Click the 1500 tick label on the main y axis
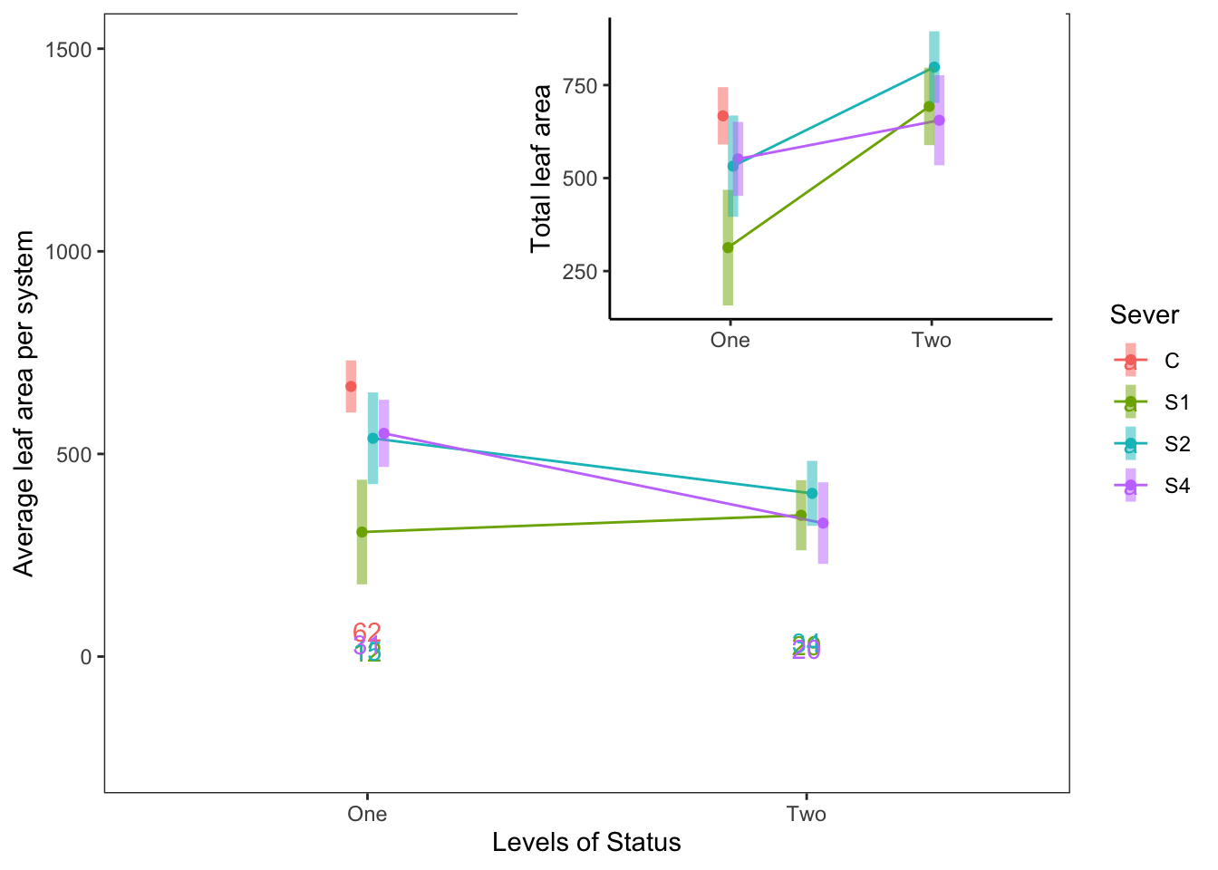(x=69, y=50)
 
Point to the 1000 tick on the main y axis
(x=69, y=252)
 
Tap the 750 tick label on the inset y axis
(x=580, y=86)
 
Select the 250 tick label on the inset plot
(x=580, y=272)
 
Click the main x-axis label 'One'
(x=367, y=814)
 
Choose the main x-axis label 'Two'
(x=807, y=814)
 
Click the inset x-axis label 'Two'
(x=932, y=340)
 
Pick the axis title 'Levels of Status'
(x=586, y=843)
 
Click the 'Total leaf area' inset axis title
(x=542, y=169)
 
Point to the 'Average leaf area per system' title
(x=24, y=403)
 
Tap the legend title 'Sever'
(x=1145, y=315)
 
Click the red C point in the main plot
(x=351, y=386)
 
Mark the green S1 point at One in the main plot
(x=362, y=532)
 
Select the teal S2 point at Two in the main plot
(x=812, y=493)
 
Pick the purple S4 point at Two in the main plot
(x=823, y=523)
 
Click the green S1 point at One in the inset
(x=728, y=247)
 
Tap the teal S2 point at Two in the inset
(x=934, y=67)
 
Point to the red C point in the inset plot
(x=722, y=115)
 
